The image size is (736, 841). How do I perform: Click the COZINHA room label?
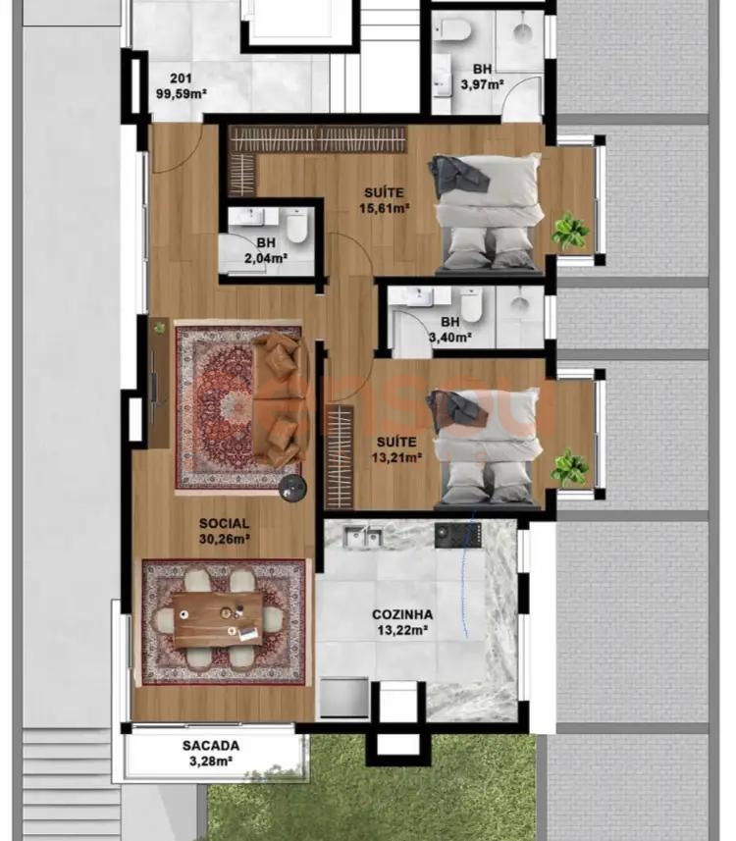[x=402, y=614]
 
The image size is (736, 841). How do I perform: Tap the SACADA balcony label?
[x=211, y=746]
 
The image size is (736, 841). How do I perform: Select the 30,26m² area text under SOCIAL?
[x=224, y=539]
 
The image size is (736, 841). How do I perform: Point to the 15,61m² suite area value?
[x=385, y=208]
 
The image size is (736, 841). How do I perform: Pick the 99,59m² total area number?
[x=182, y=94]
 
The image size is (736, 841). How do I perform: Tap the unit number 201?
[x=181, y=79]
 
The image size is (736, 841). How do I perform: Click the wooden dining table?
[x=218, y=618]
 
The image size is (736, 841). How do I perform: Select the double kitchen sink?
[x=363, y=536]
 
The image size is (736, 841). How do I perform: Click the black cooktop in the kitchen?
[x=457, y=535]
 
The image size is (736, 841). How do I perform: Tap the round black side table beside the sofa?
[x=292, y=488]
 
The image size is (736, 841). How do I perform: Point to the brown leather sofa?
[x=280, y=398]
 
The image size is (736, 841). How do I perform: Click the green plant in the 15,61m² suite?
[x=570, y=232]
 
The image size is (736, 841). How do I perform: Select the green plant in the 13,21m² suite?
[x=570, y=468]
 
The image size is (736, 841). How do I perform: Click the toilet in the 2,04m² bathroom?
[x=296, y=226]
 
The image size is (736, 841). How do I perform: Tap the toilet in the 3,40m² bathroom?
[x=472, y=304]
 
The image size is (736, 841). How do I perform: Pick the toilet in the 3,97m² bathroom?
[x=453, y=30]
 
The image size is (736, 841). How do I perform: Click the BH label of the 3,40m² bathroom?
[x=450, y=322]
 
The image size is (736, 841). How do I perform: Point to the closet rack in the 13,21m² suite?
[x=340, y=457]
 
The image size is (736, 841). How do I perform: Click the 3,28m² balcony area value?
[x=211, y=762]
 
